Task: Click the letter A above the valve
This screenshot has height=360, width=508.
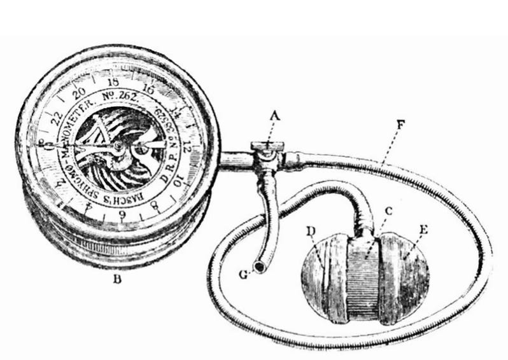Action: (x=274, y=116)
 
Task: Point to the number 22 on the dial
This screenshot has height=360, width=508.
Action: (x=53, y=116)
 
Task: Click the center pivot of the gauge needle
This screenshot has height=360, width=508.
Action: (x=118, y=146)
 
